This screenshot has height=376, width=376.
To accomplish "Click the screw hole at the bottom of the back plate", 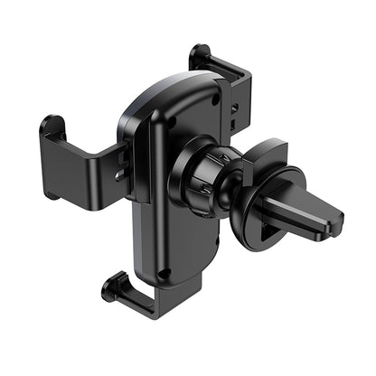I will click(163, 272).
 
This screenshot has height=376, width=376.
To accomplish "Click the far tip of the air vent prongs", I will click(336, 217).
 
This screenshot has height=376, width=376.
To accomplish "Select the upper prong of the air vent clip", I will click(307, 194).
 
